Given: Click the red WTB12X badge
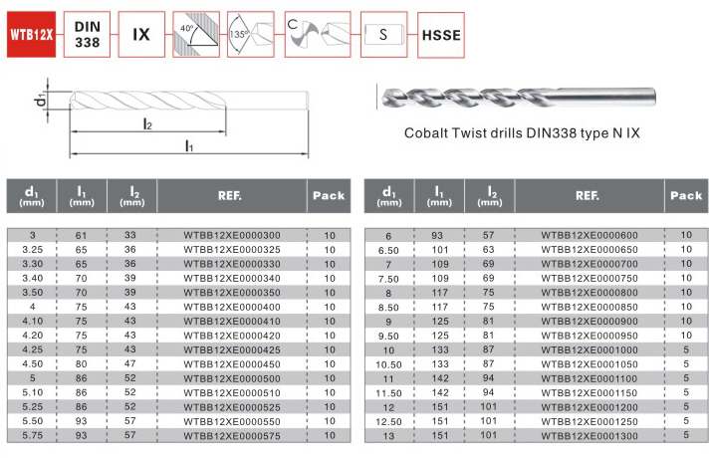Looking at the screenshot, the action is (31, 35).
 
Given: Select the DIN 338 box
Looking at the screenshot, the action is (87, 35).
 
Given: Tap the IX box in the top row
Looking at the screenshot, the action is (141, 35).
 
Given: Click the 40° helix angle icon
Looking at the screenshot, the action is (196, 35).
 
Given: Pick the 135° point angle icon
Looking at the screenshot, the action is (251, 35).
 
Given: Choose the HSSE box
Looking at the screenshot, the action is (441, 35).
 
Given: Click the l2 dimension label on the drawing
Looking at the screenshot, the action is (147, 123).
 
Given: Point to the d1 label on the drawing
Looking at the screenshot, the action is (41, 100).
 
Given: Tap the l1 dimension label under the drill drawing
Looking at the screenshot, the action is (189, 146).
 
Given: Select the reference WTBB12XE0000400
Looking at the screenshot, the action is (232, 307).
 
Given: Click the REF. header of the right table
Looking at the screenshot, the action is (588, 196).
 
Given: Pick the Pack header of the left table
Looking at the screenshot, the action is (329, 196).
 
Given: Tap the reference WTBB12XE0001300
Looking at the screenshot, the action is (590, 436).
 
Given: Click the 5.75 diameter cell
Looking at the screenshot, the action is (33, 435).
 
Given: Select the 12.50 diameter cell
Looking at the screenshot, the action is (389, 422).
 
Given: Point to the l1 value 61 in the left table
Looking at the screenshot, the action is (82, 236).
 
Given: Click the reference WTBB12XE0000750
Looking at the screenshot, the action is (590, 279).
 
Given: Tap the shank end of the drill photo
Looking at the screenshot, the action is (654, 98).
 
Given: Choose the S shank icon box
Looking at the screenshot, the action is (384, 35).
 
